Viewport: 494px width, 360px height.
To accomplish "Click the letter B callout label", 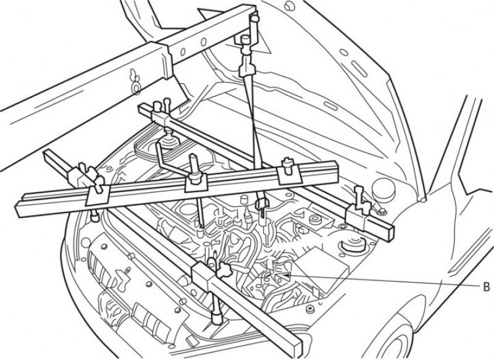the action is (x=487, y=287).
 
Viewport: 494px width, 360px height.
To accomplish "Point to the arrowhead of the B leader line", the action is (x=284, y=275).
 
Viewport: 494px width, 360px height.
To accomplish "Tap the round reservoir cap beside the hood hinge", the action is (x=383, y=189).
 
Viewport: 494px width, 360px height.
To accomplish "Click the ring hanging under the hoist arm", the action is (x=136, y=88).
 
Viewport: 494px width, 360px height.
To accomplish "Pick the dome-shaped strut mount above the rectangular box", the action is (x=351, y=244).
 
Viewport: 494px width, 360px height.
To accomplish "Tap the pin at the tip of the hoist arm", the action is (x=255, y=19).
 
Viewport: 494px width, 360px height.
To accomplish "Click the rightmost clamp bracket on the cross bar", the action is (x=289, y=175).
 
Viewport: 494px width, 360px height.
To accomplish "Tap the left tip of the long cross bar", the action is (x=17, y=211).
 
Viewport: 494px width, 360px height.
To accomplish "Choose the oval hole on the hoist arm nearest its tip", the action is (x=204, y=41).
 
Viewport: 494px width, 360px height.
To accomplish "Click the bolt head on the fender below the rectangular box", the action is (x=311, y=309).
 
